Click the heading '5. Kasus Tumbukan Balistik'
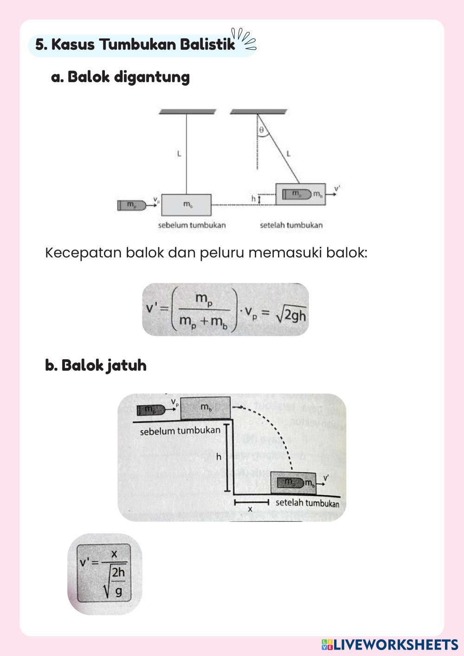pyautogui.click(x=135, y=45)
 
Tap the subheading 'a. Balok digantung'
pyautogui.click(x=121, y=77)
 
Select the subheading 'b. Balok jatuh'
pyautogui.click(x=96, y=365)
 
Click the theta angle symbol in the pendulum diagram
pyautogui.click(x=262, y=131)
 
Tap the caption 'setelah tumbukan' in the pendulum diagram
pyautogui.click(x=291, y=225)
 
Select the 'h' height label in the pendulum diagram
pyautogui.click(x=254, y=199)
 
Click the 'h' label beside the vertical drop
pyautogui.click(x=219, y=457)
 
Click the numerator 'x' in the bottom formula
pyautogui.click(x=114, y=554)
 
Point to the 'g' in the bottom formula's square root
pyautogui.click(x=119, y=592)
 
